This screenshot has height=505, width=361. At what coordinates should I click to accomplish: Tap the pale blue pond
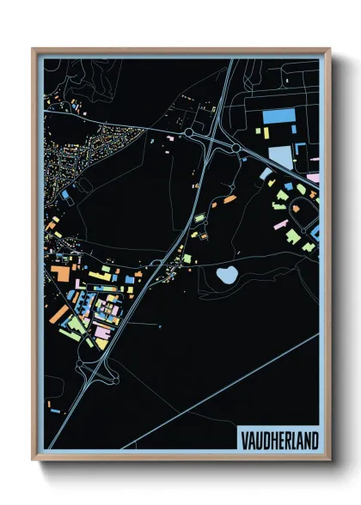(228, 275)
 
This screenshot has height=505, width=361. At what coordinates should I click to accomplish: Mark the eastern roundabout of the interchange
(236, 149)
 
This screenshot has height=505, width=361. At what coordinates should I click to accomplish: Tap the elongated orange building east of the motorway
(229, 199)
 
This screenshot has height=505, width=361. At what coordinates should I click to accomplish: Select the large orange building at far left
(59, 273)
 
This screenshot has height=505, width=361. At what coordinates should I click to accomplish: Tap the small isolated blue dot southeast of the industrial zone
(161, 327)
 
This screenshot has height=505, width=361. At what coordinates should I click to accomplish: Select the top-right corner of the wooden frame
(329, 50)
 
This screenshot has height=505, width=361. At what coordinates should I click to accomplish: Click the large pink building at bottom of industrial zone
(101, 332)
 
